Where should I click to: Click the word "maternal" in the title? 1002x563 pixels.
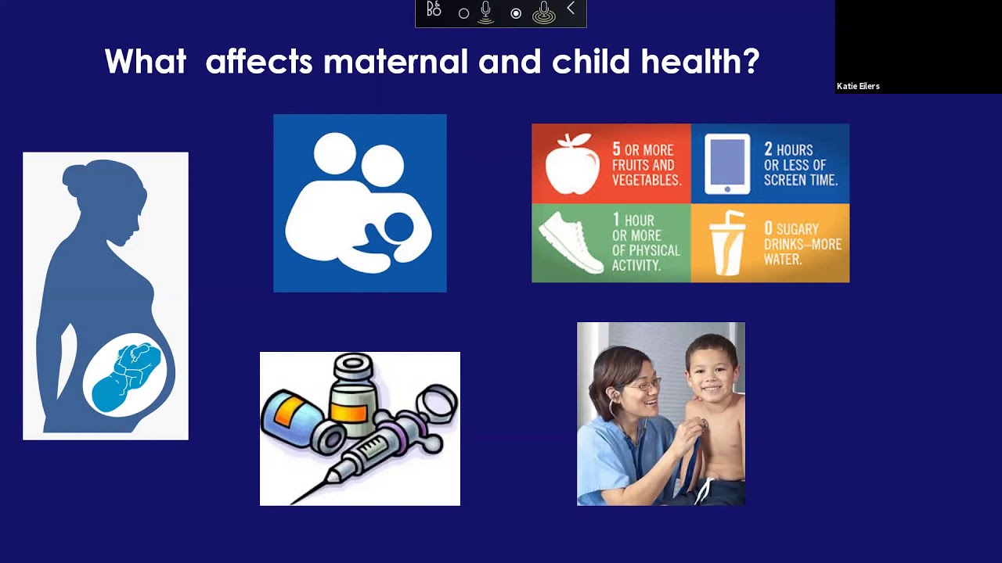[395, 62]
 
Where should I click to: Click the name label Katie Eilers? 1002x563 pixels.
[858, 86]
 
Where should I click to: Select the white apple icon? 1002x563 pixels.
[572, 163]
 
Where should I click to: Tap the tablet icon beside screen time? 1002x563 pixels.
[726, 163]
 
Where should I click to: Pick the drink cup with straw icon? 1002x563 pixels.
[726, 243]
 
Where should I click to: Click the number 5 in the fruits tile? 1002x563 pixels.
[617, 149]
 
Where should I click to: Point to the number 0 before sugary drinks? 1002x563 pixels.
[768, 228]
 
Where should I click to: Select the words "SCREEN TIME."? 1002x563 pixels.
[801, 180]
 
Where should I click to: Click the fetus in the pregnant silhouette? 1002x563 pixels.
[128, 375]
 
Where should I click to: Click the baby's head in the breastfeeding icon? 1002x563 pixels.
[398, 228]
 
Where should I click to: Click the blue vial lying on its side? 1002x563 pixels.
[293, 419]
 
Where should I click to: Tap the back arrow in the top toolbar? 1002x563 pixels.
[571, 9]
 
